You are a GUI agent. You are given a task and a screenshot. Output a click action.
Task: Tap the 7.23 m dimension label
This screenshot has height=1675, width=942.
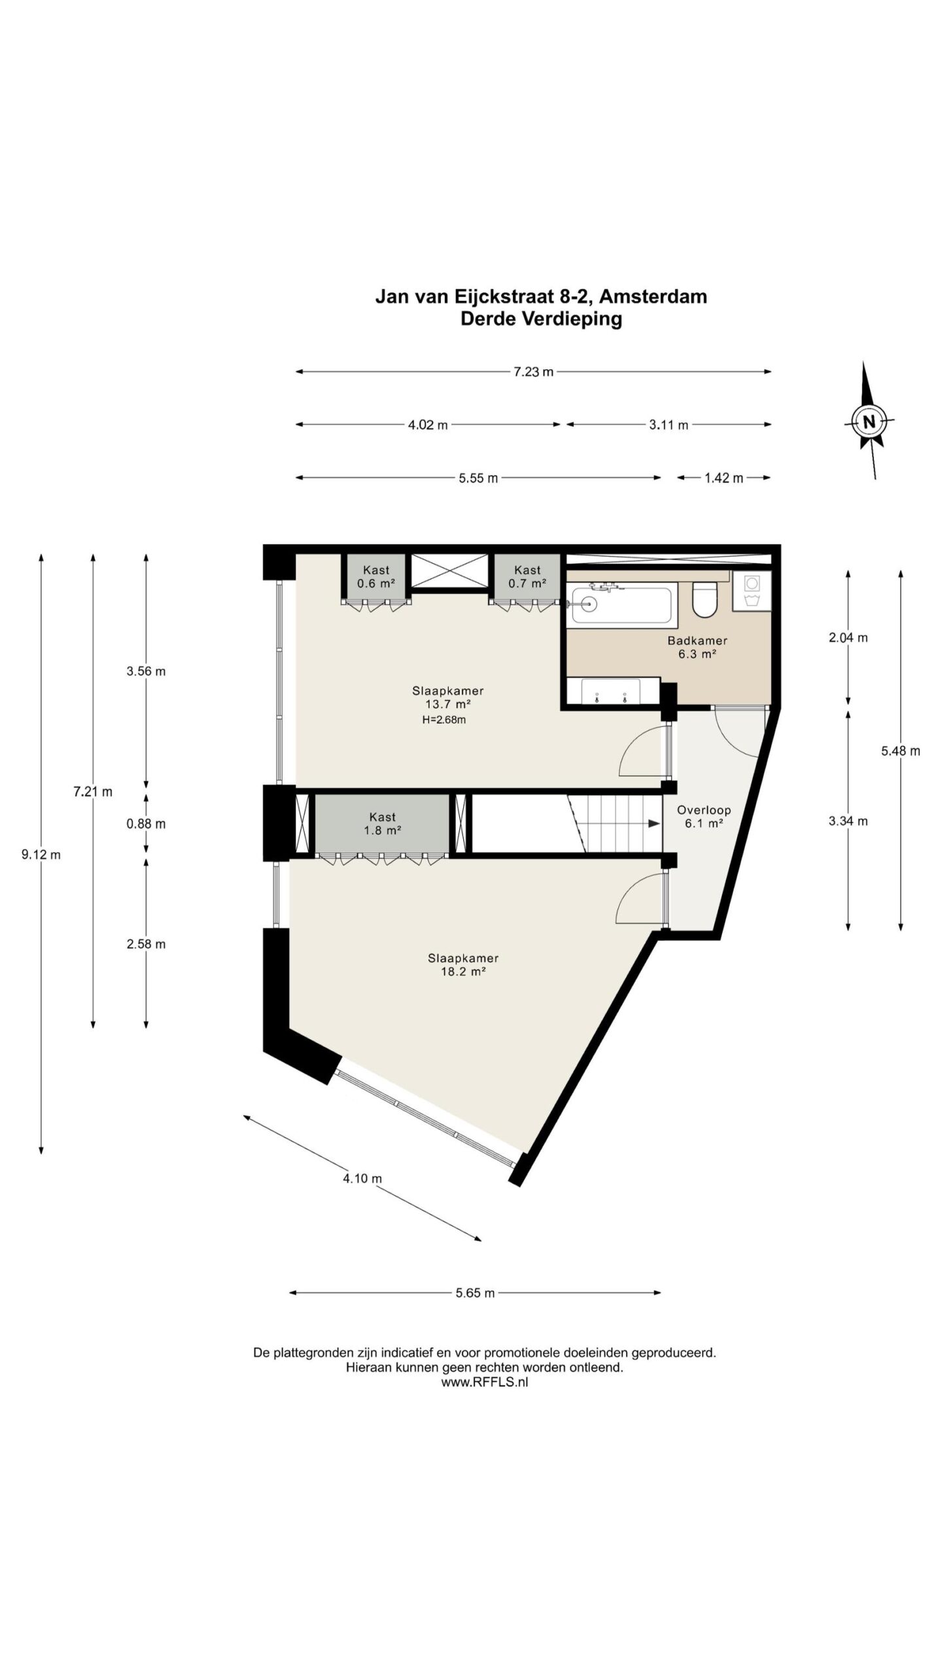click(x=534, y=372)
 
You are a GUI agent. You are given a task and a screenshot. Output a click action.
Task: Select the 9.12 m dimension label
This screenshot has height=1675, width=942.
click(x=41, y=855)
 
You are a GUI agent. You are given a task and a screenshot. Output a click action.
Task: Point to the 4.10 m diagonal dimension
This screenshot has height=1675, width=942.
click(x=362, y=1178)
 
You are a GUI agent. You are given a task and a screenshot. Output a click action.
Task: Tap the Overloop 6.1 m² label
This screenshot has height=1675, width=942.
click(x=704, y=816)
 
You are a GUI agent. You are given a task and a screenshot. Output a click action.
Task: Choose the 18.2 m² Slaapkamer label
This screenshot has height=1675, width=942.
click(x=463, y=964)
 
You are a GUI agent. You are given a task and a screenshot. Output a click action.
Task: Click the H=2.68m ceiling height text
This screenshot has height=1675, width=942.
click(x=444, y=720)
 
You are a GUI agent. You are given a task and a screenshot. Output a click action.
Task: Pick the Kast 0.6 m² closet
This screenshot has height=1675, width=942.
click(x=376, y=576)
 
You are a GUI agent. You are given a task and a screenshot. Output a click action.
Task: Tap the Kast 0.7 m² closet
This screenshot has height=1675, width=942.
click(x=527, y=576)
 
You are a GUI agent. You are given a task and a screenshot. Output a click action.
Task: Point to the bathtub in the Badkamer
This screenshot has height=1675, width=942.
click(x=621, y=605)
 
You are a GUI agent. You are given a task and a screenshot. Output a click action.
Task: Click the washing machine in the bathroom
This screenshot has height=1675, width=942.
click(x=752, y=591)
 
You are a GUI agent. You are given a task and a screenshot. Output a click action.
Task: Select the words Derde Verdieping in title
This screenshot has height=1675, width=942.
click(x=541, y=319)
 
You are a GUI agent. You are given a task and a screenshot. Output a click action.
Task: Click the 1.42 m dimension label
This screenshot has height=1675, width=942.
click(x=724, y=478)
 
